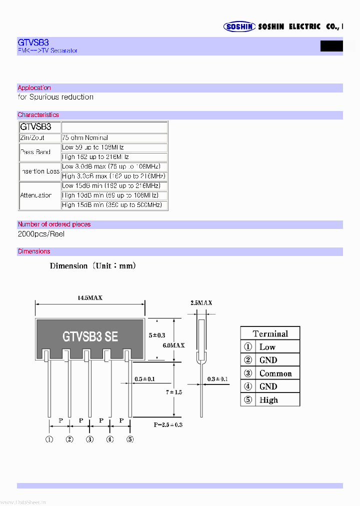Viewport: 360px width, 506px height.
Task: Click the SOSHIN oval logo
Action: click(x=239, y=26)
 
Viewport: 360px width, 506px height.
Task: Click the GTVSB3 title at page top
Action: click(x=33, y=42)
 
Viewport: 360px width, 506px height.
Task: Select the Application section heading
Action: click(x=34, y=88)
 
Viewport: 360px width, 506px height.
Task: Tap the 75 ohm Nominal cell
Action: click(x=85, y=137)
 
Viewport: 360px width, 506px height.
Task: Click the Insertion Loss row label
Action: click(x=40, y=171)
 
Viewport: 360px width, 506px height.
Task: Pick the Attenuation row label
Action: click(x=36, y=195)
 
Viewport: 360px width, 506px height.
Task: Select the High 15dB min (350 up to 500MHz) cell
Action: click(x=114, y=205)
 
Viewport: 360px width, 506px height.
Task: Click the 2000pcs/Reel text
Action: click(x=41, y=234)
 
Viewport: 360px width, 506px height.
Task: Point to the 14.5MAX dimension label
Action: click(x=90, y=297)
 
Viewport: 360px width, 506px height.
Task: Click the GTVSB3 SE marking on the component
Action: click(x=90, y=336)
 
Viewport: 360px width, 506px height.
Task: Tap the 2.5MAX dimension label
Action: click(x=201, y=302)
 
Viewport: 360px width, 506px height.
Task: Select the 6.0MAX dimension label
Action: click(x=174, y=345)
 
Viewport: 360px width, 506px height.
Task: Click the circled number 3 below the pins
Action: click(x=89, y=439)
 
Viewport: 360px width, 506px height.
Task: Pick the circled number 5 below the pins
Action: click(x=130, y=439)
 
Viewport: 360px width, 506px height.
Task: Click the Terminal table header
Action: click(x=270, y=333)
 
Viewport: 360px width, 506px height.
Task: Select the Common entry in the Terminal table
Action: click(x=275, y=373)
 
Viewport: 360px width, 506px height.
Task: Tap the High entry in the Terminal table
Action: click(x=268, y=400)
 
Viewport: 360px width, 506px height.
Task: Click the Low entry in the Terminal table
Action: click(x=267, y=347)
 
